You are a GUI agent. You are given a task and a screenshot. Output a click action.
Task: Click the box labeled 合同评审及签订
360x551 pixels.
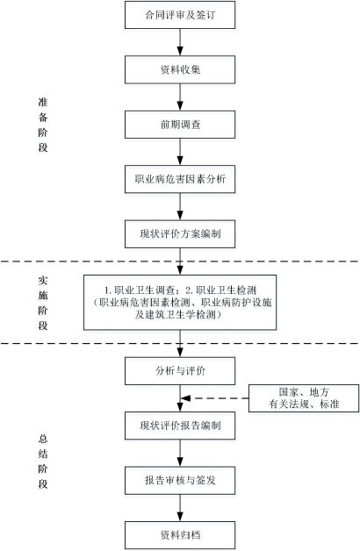[x=180, y=15]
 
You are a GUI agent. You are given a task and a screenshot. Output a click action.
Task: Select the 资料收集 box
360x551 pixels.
[x=180, y=69]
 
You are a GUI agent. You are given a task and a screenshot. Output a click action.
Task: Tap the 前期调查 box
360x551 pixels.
[x=180, y=125]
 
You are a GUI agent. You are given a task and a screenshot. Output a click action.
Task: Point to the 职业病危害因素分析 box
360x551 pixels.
[x=180, y=179]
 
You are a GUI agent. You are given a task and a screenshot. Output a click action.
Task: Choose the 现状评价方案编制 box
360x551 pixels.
[x=180, y=234]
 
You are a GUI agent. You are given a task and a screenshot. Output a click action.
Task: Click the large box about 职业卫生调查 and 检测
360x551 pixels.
[x=180, y=302]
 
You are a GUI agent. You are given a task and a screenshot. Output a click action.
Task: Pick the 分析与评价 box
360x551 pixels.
[x=180, y=371]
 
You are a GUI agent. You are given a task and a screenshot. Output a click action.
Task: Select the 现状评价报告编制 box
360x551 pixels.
[x=180, y=426]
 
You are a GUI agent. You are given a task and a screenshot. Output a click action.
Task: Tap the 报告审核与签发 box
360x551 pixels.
[x=180, y=480]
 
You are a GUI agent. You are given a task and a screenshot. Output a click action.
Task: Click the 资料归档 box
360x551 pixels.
[x=180, y=535]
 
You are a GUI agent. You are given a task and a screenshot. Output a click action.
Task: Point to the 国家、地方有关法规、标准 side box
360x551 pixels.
[x=304, y=398]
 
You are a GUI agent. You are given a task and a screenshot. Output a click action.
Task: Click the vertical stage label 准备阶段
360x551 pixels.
[x=43, y=125]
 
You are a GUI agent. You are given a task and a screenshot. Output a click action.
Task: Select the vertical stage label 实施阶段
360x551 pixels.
[x=43, y=303]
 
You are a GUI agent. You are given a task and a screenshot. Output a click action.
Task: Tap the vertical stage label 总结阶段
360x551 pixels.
[x=43, y=462]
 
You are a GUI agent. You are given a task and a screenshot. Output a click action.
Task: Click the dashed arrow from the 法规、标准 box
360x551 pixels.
[x=214, y=398]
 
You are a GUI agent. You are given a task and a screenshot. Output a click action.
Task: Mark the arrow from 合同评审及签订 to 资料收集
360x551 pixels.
[x=180, y=42]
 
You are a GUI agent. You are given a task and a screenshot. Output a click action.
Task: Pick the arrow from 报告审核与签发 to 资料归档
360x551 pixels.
[x=180, y=508]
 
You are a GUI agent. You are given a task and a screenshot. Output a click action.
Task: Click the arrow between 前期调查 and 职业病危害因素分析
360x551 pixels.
[x=180, y=152]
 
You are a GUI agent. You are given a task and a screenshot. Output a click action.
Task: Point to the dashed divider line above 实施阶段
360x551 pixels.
[x=180, y=261]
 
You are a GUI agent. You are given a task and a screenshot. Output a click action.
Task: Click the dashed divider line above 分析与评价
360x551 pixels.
[x=180, y=343]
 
